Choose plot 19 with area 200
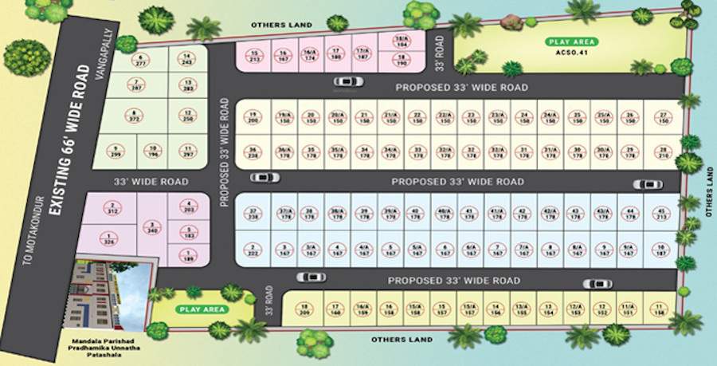253,117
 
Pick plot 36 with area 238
253,151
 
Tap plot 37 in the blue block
253,213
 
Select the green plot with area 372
133,116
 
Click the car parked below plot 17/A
349,81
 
